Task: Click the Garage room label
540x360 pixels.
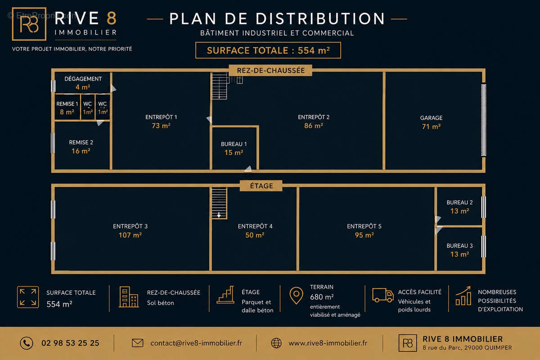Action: pyautogui.click(x=431, y=118)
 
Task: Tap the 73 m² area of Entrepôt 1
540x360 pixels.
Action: pyautogui.click(x=161, y=126)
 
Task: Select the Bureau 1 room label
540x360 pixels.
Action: pyautogui.click(x=234, y=144)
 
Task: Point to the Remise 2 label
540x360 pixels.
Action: pyautogui.click(x=81, y=142)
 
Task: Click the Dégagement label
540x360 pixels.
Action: pyautogui.click(x=83, y=79)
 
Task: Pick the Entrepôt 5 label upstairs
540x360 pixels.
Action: pyautogui.click(x=364, y=226)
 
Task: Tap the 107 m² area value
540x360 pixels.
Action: pyautogui.click(x=130, y=235)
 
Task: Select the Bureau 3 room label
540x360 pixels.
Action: pyautogui.click(x=459, y=245)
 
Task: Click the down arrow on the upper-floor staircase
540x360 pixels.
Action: pyautogui.click(x=219, y=215)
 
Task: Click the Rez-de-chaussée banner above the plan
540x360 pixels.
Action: pyautogui.click(x=270, y=70)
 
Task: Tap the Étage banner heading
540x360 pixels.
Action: pyautogui.click(x=261, y=186)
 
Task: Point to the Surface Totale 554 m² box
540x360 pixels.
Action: pyautogui.click(x=268, y=50)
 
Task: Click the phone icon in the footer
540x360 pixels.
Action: pyautogui.click(x=27, y=343)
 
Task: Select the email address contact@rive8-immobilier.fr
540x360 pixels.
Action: pyautogui.click(x=196, y=343)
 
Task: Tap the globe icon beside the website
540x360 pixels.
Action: pyautogui.click(x=276, y=343)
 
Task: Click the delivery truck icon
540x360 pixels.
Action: pyautogui.click(x=383, y=295)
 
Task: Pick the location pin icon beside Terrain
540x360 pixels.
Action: pyautogui.click(x=296, y=295)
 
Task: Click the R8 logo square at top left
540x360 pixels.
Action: pyautogui.click(x=29, y=24)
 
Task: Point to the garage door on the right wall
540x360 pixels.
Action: pyautogui.click(x=483, y=120)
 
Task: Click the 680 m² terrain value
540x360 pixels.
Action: pyautogui.click(x=322, y=297)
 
